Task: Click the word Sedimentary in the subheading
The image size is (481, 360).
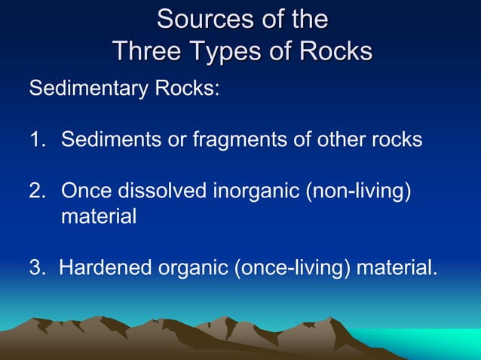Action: pyautogui.click(x=88, y=89)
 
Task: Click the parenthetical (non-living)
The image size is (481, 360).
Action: pyautogui.click(x=358, y=191)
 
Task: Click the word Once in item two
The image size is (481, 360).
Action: pyautogui.click(x=84, y=191)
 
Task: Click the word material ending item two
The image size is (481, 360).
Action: pyautogui.click(x=99, y=217)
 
